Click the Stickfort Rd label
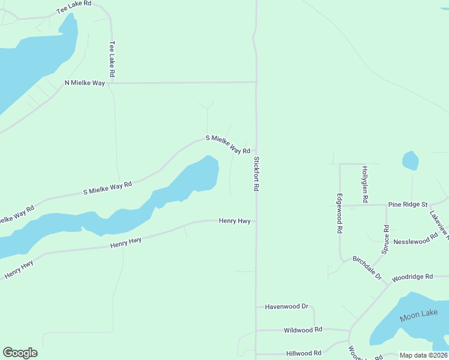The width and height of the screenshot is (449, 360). pos(256,174)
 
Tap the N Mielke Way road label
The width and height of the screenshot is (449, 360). pos(85,83)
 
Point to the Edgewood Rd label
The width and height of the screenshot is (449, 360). pos(340,213)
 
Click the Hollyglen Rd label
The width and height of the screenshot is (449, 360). pos(364,184)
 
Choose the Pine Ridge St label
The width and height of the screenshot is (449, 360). pos(407,205)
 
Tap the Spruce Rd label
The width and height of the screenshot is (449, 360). pos(386,238)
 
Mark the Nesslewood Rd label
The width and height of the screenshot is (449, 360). pos(416,241)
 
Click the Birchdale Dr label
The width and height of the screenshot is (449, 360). pos(367,267)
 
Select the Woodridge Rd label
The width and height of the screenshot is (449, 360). pos(412,277)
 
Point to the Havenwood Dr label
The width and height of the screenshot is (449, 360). pos(286,307)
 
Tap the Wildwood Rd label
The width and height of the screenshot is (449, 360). pos(303,329)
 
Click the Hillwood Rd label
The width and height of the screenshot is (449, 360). pos(304,353)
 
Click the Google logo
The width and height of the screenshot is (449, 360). pos(20,353)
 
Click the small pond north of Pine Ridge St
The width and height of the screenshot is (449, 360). pos(410,160)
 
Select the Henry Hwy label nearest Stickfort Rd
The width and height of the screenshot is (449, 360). pos(235,221)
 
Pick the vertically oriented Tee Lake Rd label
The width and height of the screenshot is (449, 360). pos(112,58)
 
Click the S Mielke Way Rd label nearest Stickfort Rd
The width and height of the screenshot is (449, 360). pos(228,145)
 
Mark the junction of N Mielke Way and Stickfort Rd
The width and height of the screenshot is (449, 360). pos(256,82)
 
